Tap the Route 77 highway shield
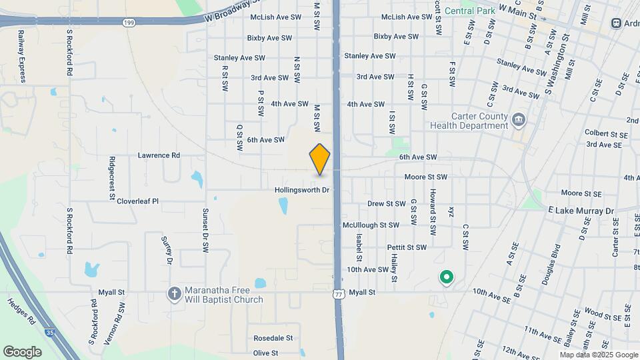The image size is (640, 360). [339, 293]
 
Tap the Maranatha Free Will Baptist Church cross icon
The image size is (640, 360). [174, 293]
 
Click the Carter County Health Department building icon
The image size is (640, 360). [519, 120]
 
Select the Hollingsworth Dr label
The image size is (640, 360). [303, 190]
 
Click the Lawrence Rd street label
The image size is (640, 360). [159, 155]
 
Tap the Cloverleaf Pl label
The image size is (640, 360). [137, 200]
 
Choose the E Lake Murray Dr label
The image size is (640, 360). [581, 211]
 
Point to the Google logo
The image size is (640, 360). [22, 351]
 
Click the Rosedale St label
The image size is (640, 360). [272, 338]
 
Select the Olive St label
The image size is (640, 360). [265, 353]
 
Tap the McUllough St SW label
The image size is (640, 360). [371, 225]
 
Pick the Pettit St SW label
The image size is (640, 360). [407, 247]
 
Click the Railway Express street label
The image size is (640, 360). [21, 56]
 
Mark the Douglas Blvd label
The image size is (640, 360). [551, 269]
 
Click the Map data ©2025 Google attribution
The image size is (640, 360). [599, 355]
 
